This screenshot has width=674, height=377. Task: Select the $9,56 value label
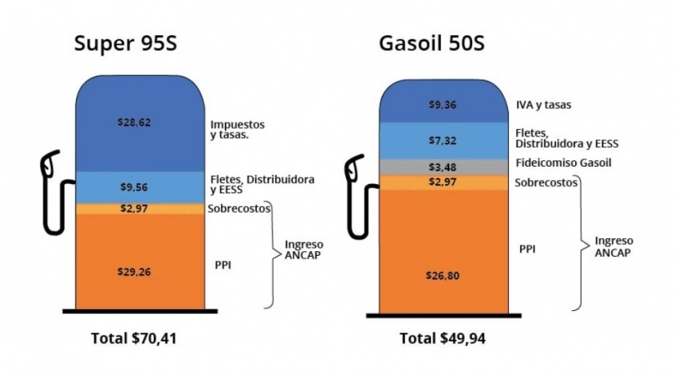click(x=134, y=188)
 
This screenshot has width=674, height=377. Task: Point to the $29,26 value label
click(x=134, y=271)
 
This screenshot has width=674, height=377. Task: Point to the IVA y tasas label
click(x=543, y=104)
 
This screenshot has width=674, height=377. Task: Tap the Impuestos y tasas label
click(x=238, y=130)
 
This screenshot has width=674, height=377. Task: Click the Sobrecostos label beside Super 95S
click(x=238, y=209)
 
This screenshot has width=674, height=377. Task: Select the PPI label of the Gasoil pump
click(x=526, y=249)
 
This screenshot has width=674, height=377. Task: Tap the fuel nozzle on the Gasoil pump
click(x=354, y=174)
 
